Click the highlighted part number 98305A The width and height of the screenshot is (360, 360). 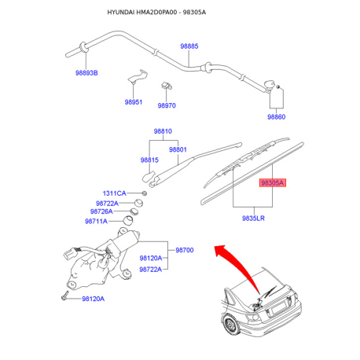coord(272,182)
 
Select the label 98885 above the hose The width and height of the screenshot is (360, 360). coord(189,46)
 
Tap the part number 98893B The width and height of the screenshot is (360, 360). coord(86,73)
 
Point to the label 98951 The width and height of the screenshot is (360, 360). coord(134,102)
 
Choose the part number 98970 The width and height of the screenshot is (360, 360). coord(167,105)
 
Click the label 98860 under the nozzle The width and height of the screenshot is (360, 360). coord(276,116)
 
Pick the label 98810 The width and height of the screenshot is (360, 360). coord(163,131)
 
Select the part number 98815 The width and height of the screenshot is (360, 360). coord(149,160)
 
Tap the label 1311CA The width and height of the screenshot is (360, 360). coord(115,193)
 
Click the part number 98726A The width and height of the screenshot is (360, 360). coord(101,211)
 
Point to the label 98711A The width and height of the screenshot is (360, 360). coord(96,221)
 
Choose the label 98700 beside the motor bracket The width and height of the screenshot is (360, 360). coord(185,250)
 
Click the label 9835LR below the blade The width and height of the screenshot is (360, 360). coord(253,218)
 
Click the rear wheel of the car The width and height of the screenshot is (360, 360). coord(230,325)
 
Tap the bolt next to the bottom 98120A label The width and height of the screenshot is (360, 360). coord(64,296)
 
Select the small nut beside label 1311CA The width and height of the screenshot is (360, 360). coord(144,193)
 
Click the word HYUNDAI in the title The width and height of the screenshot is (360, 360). coord(121,13)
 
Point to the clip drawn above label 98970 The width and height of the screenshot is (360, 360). coord(167,86)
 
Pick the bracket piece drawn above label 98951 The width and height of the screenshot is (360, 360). coord(138,76)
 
